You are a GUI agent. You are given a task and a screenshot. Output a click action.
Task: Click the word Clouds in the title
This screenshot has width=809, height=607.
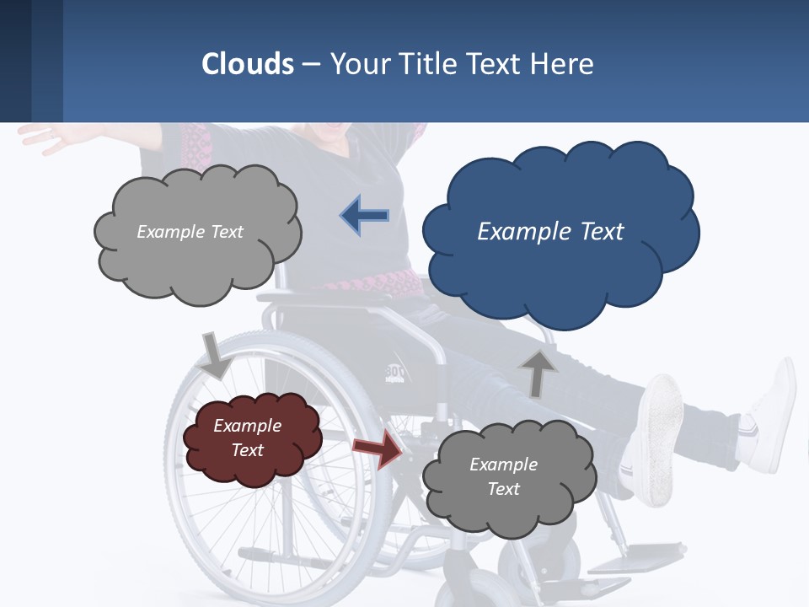248,64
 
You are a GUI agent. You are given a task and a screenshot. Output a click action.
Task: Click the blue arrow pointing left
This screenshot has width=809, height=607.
365,216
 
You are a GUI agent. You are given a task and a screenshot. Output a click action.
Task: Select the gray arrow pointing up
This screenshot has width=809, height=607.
538,373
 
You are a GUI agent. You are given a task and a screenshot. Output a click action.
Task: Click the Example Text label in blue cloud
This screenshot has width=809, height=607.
550,232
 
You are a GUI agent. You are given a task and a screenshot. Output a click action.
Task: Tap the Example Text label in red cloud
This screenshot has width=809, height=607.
248,438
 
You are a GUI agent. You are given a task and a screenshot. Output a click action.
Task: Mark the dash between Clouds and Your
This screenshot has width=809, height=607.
311,65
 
